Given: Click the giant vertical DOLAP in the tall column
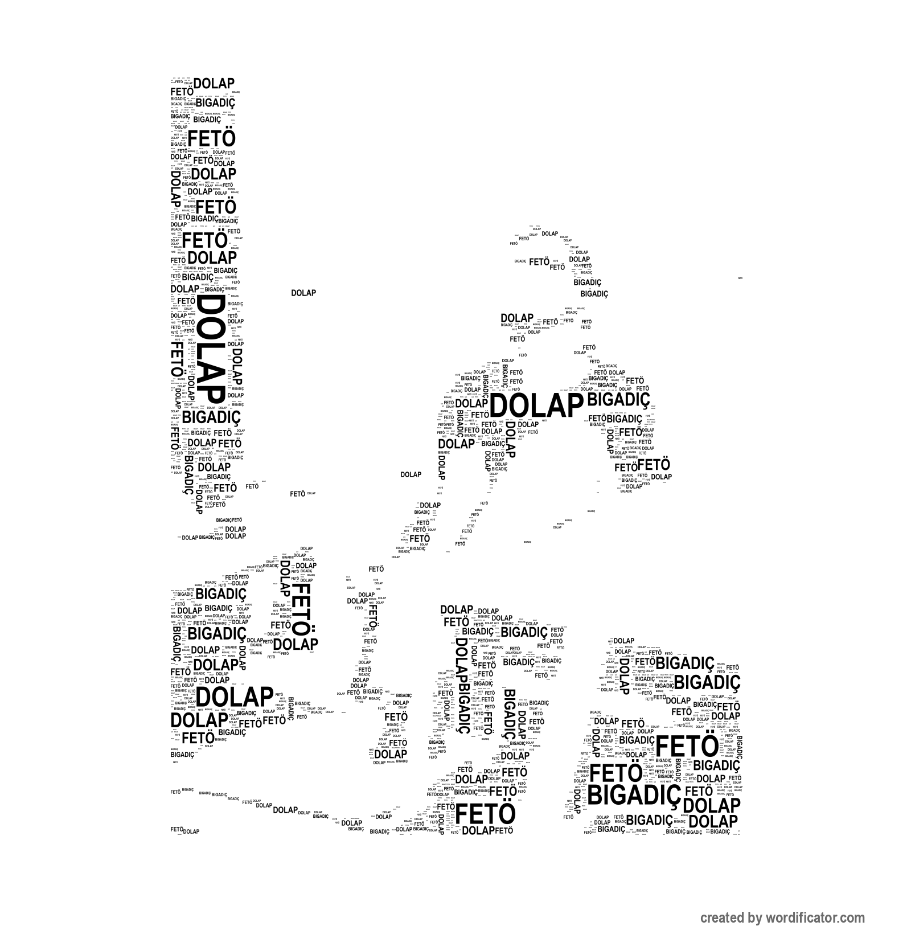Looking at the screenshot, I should point(209,349).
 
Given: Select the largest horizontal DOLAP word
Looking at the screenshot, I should point(536,407).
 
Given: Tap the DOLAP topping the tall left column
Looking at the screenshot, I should point(214,84).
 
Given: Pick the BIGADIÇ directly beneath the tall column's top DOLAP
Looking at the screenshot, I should point(215,103).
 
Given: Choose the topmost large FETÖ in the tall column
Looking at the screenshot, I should point(211,139).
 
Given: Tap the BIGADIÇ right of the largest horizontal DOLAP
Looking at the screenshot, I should point(618,399).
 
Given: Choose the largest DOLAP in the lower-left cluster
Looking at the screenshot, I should point(234,697).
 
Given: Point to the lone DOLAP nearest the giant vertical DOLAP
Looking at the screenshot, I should point(303,293).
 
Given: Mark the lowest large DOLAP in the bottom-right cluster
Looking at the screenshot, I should point(717,821).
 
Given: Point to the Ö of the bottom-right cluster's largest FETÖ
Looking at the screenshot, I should point(708,747).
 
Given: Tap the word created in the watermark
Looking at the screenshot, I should point(723,918).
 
